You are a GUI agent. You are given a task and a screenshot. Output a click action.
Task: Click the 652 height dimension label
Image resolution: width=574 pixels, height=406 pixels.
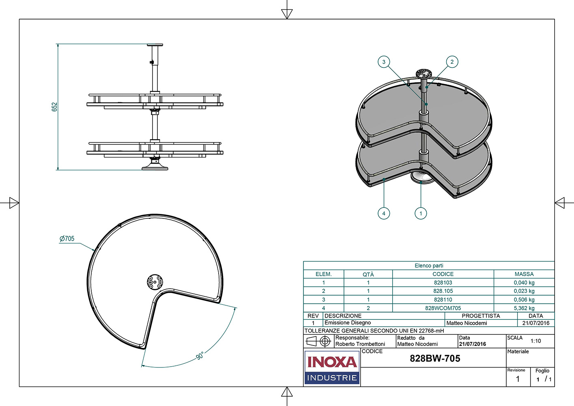54,107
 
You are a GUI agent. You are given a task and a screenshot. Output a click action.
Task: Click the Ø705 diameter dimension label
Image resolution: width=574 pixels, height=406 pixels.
67,238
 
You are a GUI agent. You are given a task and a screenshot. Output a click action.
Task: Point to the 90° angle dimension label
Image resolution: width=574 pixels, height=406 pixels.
200,356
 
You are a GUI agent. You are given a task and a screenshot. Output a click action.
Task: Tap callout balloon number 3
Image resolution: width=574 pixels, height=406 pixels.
384,62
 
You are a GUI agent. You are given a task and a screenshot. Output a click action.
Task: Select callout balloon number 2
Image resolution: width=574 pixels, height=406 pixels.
452,62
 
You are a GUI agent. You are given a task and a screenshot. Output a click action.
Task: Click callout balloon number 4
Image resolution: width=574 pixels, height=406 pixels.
384,214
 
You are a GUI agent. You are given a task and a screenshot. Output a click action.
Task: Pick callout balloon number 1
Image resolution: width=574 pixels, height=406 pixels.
421,214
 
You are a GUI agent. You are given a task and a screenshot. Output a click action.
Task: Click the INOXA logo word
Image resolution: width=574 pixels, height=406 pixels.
332,362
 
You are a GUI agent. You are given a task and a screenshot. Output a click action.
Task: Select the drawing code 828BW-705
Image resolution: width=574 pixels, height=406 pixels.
435,358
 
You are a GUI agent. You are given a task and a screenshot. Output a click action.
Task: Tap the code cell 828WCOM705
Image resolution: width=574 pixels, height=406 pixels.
443,308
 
